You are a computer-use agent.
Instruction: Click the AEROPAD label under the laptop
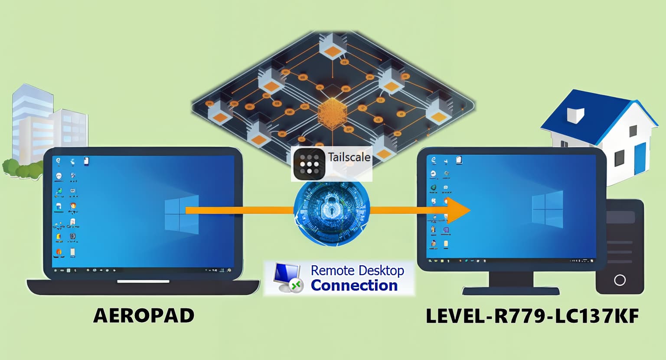pos(144,315)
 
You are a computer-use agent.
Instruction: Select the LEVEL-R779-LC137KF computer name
pos(532,316)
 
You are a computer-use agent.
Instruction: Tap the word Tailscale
pos(349,157)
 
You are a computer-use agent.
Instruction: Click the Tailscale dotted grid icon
pos(309,164)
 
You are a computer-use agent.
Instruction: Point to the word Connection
pos(354,286)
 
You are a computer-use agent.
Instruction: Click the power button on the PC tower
pos(620,280)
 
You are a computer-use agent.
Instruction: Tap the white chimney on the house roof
pos(575,115)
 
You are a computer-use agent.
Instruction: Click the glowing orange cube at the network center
pos(333,113)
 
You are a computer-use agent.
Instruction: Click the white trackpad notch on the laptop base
pos(143,281)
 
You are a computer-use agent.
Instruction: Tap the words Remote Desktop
pos(357,271)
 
